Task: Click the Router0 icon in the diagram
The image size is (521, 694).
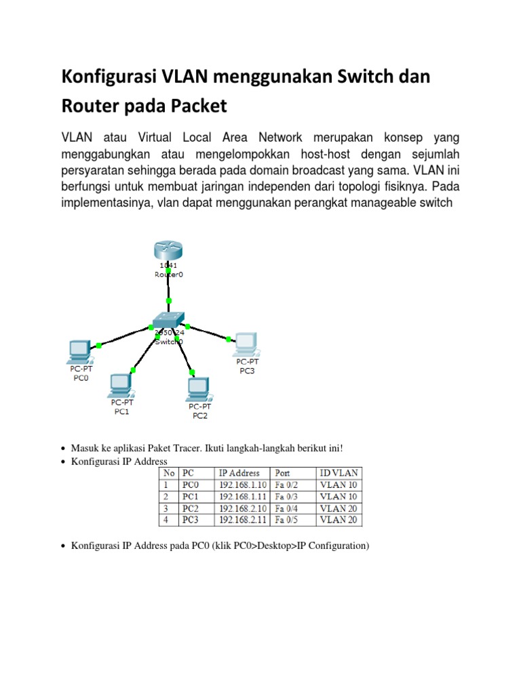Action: click(168, 251)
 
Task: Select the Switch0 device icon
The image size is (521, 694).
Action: click(168, 320)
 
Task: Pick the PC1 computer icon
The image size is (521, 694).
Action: click(120, 386)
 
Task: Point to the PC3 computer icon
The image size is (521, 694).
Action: click(246, 344)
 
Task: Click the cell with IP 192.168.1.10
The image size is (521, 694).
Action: click(242, 485)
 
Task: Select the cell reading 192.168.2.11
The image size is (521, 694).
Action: click(242, 520)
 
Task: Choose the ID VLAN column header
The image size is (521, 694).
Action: click(339, 473)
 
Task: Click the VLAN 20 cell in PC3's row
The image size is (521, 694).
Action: click(339, 520)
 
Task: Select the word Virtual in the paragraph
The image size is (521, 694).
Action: click(155, 137)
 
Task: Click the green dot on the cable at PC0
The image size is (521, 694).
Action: click(99, 345)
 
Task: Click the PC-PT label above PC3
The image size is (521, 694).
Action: click(247, 362)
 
